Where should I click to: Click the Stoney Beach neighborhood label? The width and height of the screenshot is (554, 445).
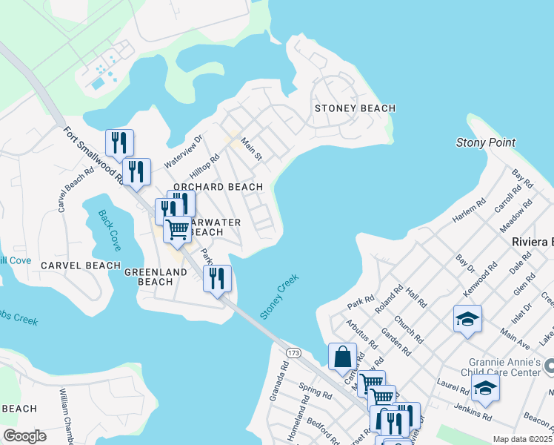point(355,108)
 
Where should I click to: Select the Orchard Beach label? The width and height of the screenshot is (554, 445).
point(218,187)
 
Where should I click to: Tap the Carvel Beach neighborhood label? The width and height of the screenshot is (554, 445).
point(81,266)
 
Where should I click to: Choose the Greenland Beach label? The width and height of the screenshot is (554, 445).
point(156,277)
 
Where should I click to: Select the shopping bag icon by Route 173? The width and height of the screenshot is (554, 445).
point(342,356)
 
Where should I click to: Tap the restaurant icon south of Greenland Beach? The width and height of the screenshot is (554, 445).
point(217,278)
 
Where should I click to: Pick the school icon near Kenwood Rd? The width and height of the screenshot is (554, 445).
point(467,319)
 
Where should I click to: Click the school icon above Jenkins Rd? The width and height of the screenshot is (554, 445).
point(485,388)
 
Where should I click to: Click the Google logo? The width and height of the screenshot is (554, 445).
point(24,436)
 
